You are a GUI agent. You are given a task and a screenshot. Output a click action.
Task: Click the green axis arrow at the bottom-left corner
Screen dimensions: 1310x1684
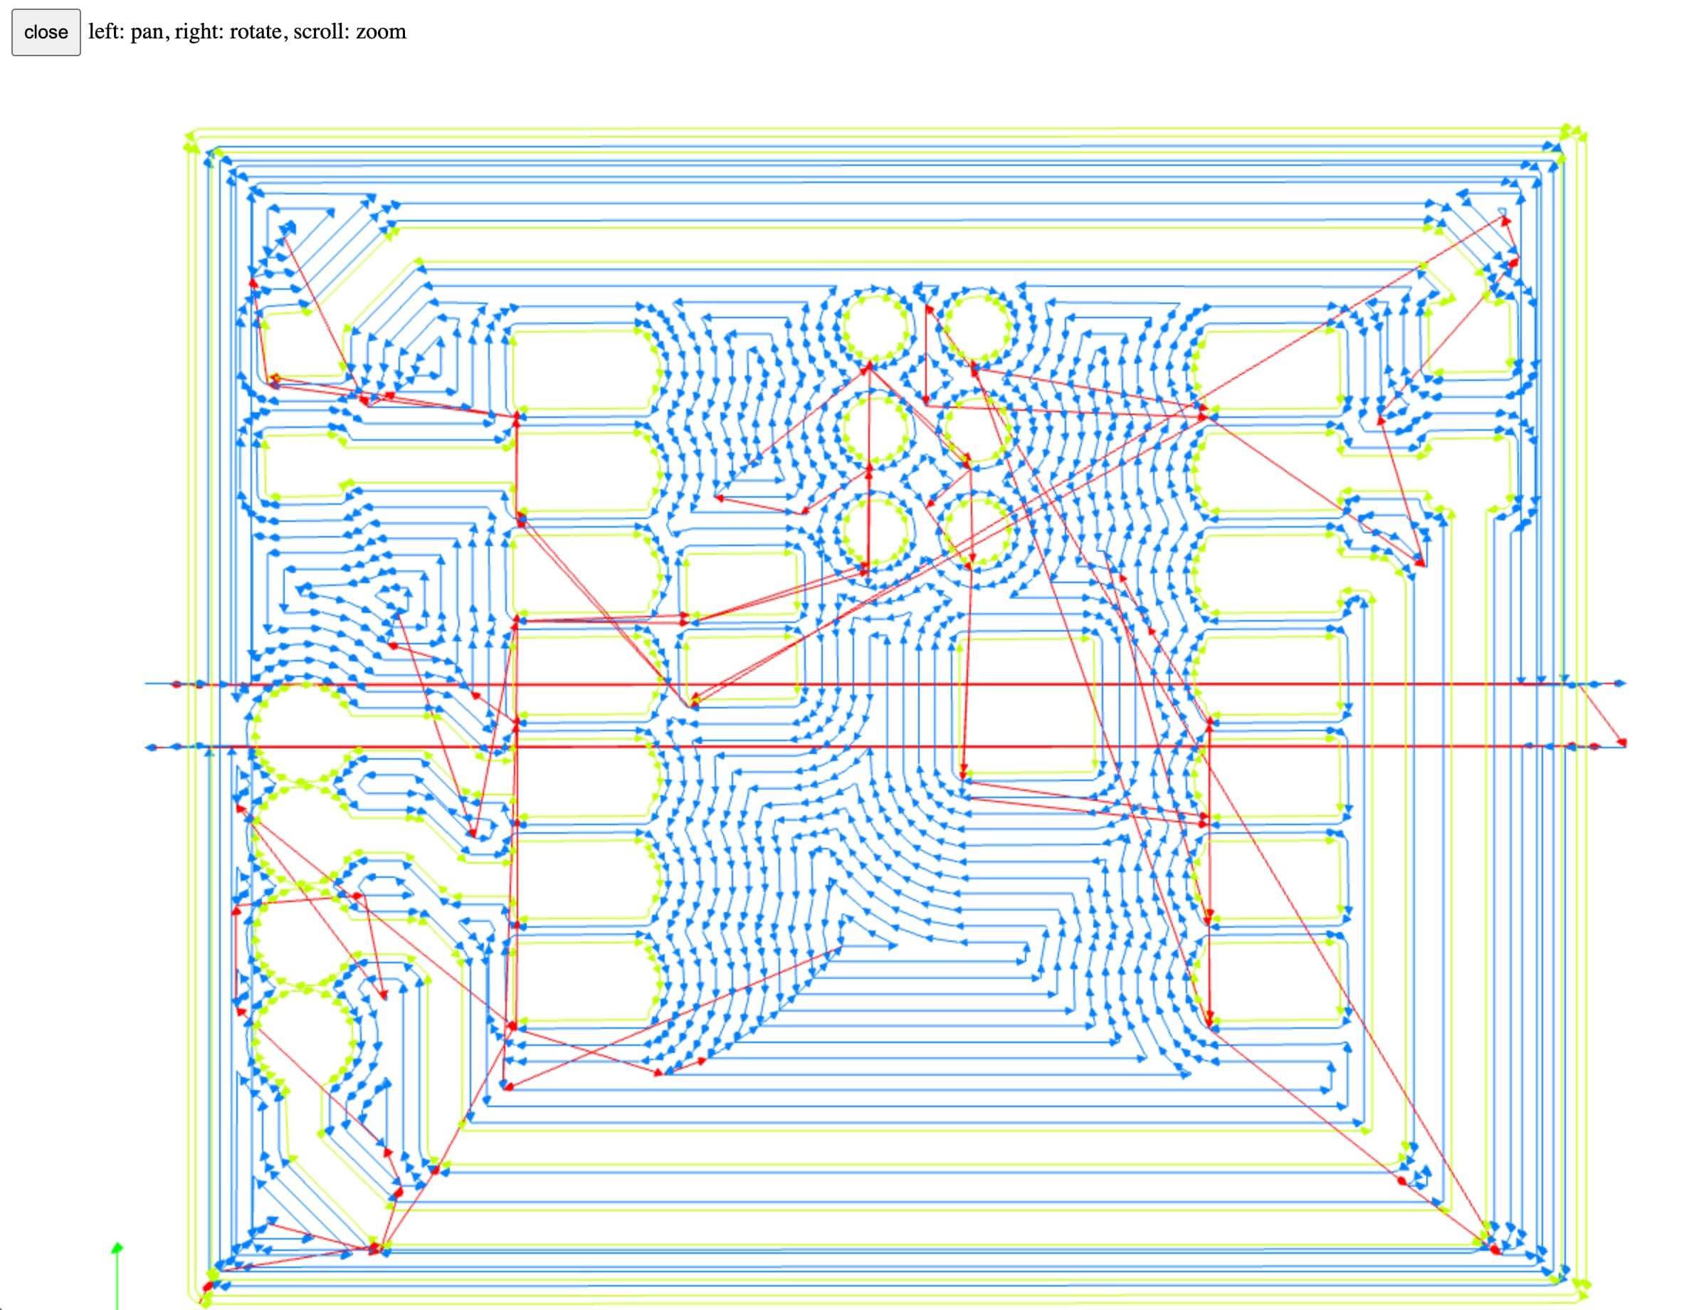117,1248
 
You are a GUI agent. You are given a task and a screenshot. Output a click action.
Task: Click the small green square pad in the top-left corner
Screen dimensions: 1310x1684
302,345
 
